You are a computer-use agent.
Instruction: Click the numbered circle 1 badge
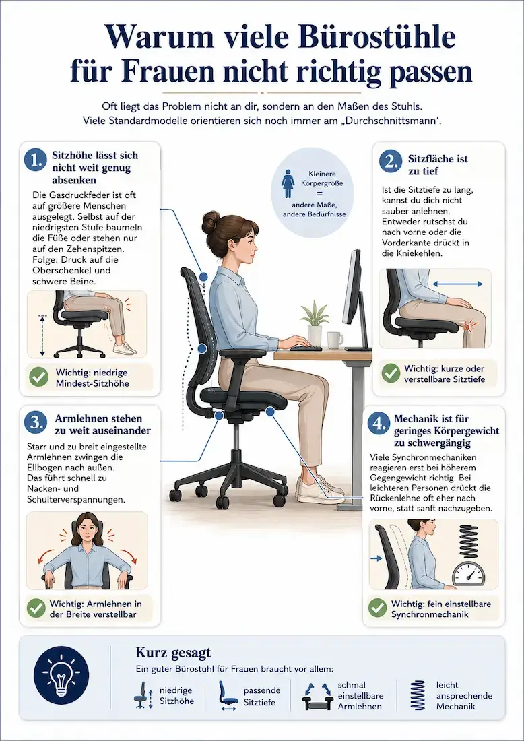pos(36,161)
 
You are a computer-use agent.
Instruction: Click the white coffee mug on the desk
pos(335,340)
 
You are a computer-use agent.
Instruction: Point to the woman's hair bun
pos(211,222)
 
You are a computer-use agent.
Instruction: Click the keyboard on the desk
pos(306,348)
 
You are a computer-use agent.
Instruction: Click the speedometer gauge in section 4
pos(468,574)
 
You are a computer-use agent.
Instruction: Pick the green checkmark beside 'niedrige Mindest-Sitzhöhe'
pos(39,377)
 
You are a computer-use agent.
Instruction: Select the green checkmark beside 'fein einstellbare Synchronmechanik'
pos(377,609)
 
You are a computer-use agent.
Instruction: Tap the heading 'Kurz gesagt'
pos(173,653)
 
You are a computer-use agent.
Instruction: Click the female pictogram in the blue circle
pos(288,184)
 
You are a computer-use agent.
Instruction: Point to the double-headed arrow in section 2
pos(457,284)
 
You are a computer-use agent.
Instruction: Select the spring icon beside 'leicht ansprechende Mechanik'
pos(418,695)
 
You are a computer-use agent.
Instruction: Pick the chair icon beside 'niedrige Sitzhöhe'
pos(141,695)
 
